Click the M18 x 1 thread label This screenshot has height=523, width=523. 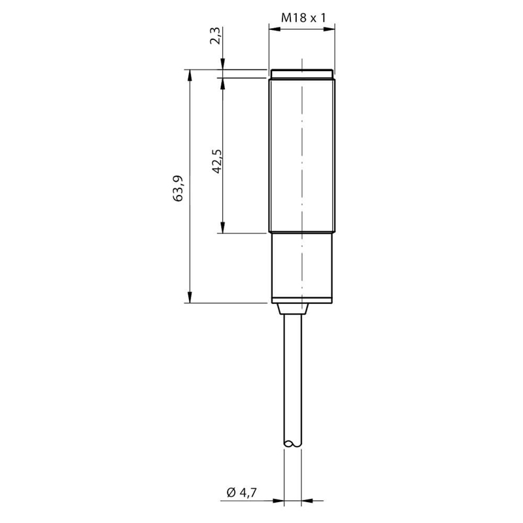click(303, 18)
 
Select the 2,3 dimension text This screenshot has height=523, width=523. click(216, 36)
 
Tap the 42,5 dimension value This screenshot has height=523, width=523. click(217, 161)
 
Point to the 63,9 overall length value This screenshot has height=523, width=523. click(178, 188)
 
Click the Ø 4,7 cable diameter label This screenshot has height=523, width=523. click(242, 492)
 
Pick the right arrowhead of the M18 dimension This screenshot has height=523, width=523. click(329, 29)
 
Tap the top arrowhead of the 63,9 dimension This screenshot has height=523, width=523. click(190, 75)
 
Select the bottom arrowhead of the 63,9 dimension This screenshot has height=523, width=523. click(190, 297)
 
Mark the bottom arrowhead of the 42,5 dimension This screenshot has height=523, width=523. click(223, 228)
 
